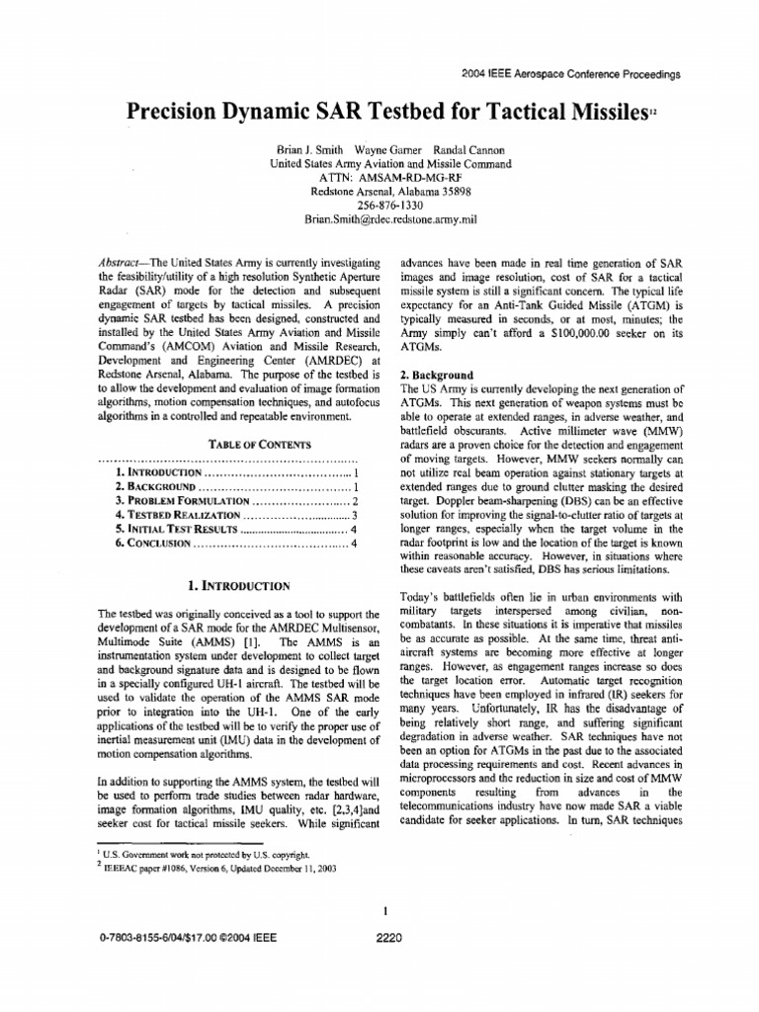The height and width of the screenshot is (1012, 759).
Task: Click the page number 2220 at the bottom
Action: [x=389, y=939]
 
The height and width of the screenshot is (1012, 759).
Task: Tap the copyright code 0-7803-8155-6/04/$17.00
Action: [x=179, y=939]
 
